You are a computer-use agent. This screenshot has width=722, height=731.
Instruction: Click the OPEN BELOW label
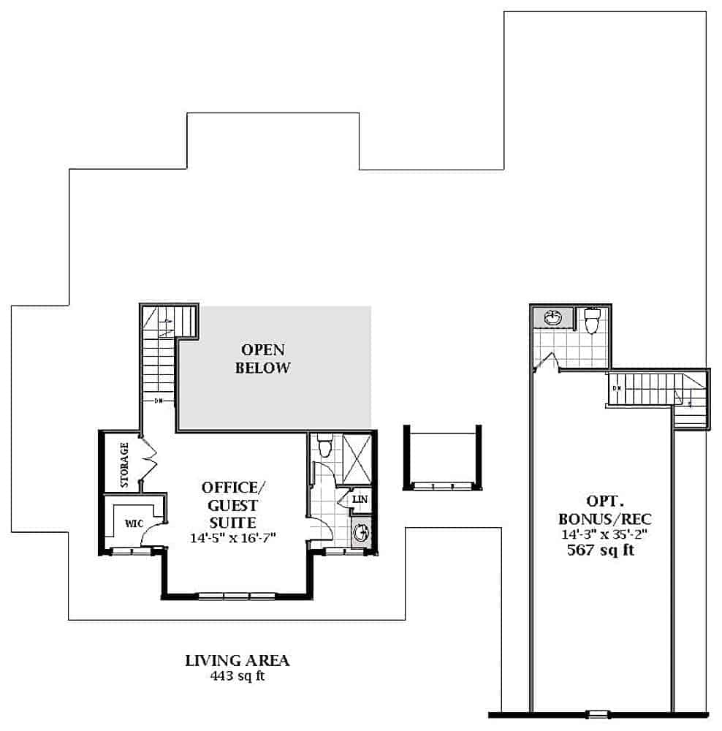click(x=262, y=358)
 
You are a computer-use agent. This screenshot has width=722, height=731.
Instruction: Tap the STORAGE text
click(x=124, y=465)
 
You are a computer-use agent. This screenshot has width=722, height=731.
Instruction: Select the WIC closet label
click(x=134, y=523)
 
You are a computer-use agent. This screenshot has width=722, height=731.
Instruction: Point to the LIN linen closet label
click(x=360, y=499)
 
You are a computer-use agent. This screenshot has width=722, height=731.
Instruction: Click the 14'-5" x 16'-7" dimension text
click(x=233, y=538)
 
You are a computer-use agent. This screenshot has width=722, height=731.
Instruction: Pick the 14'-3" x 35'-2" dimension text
click(x=604, y=534)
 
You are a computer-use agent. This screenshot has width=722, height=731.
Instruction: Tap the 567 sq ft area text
click(x=601, y=550)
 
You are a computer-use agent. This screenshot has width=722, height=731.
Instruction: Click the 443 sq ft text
click(x=237, y=675)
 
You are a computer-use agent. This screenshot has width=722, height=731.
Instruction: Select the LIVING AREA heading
click(x=237, y=661)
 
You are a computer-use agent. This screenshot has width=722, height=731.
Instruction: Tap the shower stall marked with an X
click(x=357, y=459)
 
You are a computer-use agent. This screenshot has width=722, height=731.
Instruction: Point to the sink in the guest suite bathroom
click(x=361, y=532)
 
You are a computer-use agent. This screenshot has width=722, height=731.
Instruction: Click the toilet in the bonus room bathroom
click(x=591, y=320)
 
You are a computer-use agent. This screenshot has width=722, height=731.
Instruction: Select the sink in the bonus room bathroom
click(x=553, y=319)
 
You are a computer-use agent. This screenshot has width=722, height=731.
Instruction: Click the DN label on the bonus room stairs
click(x=617, y=388)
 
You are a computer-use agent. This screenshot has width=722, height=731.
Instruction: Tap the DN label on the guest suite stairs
click(x=159, y=401)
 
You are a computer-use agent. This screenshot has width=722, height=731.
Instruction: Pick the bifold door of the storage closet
click(x=148, y=459)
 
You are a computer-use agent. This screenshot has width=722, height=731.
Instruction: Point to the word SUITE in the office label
click(x=232, y=523)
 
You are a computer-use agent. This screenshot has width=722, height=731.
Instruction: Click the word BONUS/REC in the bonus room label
click(x=604, y=519)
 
